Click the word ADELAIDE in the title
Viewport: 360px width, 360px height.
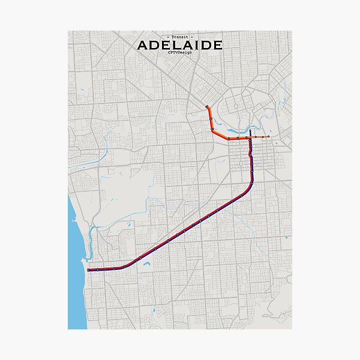[x=180, y=45]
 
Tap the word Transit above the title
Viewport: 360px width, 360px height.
[x=180, y=37]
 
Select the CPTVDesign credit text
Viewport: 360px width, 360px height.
[x=180, y=52]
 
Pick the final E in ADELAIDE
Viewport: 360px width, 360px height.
[x=217, y=45]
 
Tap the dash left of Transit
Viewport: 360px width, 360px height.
[x=169, y=37]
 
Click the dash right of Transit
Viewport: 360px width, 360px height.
[x=191, y=37]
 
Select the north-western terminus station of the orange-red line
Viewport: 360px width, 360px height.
[x=206, y=107]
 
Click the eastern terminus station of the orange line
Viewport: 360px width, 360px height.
[x=268, y=137]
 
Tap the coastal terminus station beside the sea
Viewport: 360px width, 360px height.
[x=88, y=270]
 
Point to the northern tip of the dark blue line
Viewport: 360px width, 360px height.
[x=250, y=130]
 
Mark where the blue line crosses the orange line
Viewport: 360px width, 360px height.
[x=250, y=137]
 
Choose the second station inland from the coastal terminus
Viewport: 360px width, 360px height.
[x=105, y=269]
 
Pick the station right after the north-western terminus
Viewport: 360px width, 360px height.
[x=210, y=118]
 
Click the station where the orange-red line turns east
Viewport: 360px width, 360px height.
[x=213, y=130]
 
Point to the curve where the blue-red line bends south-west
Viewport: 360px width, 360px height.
[x=250, y=184]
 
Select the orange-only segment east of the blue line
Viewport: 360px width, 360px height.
[x=260, y=137]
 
